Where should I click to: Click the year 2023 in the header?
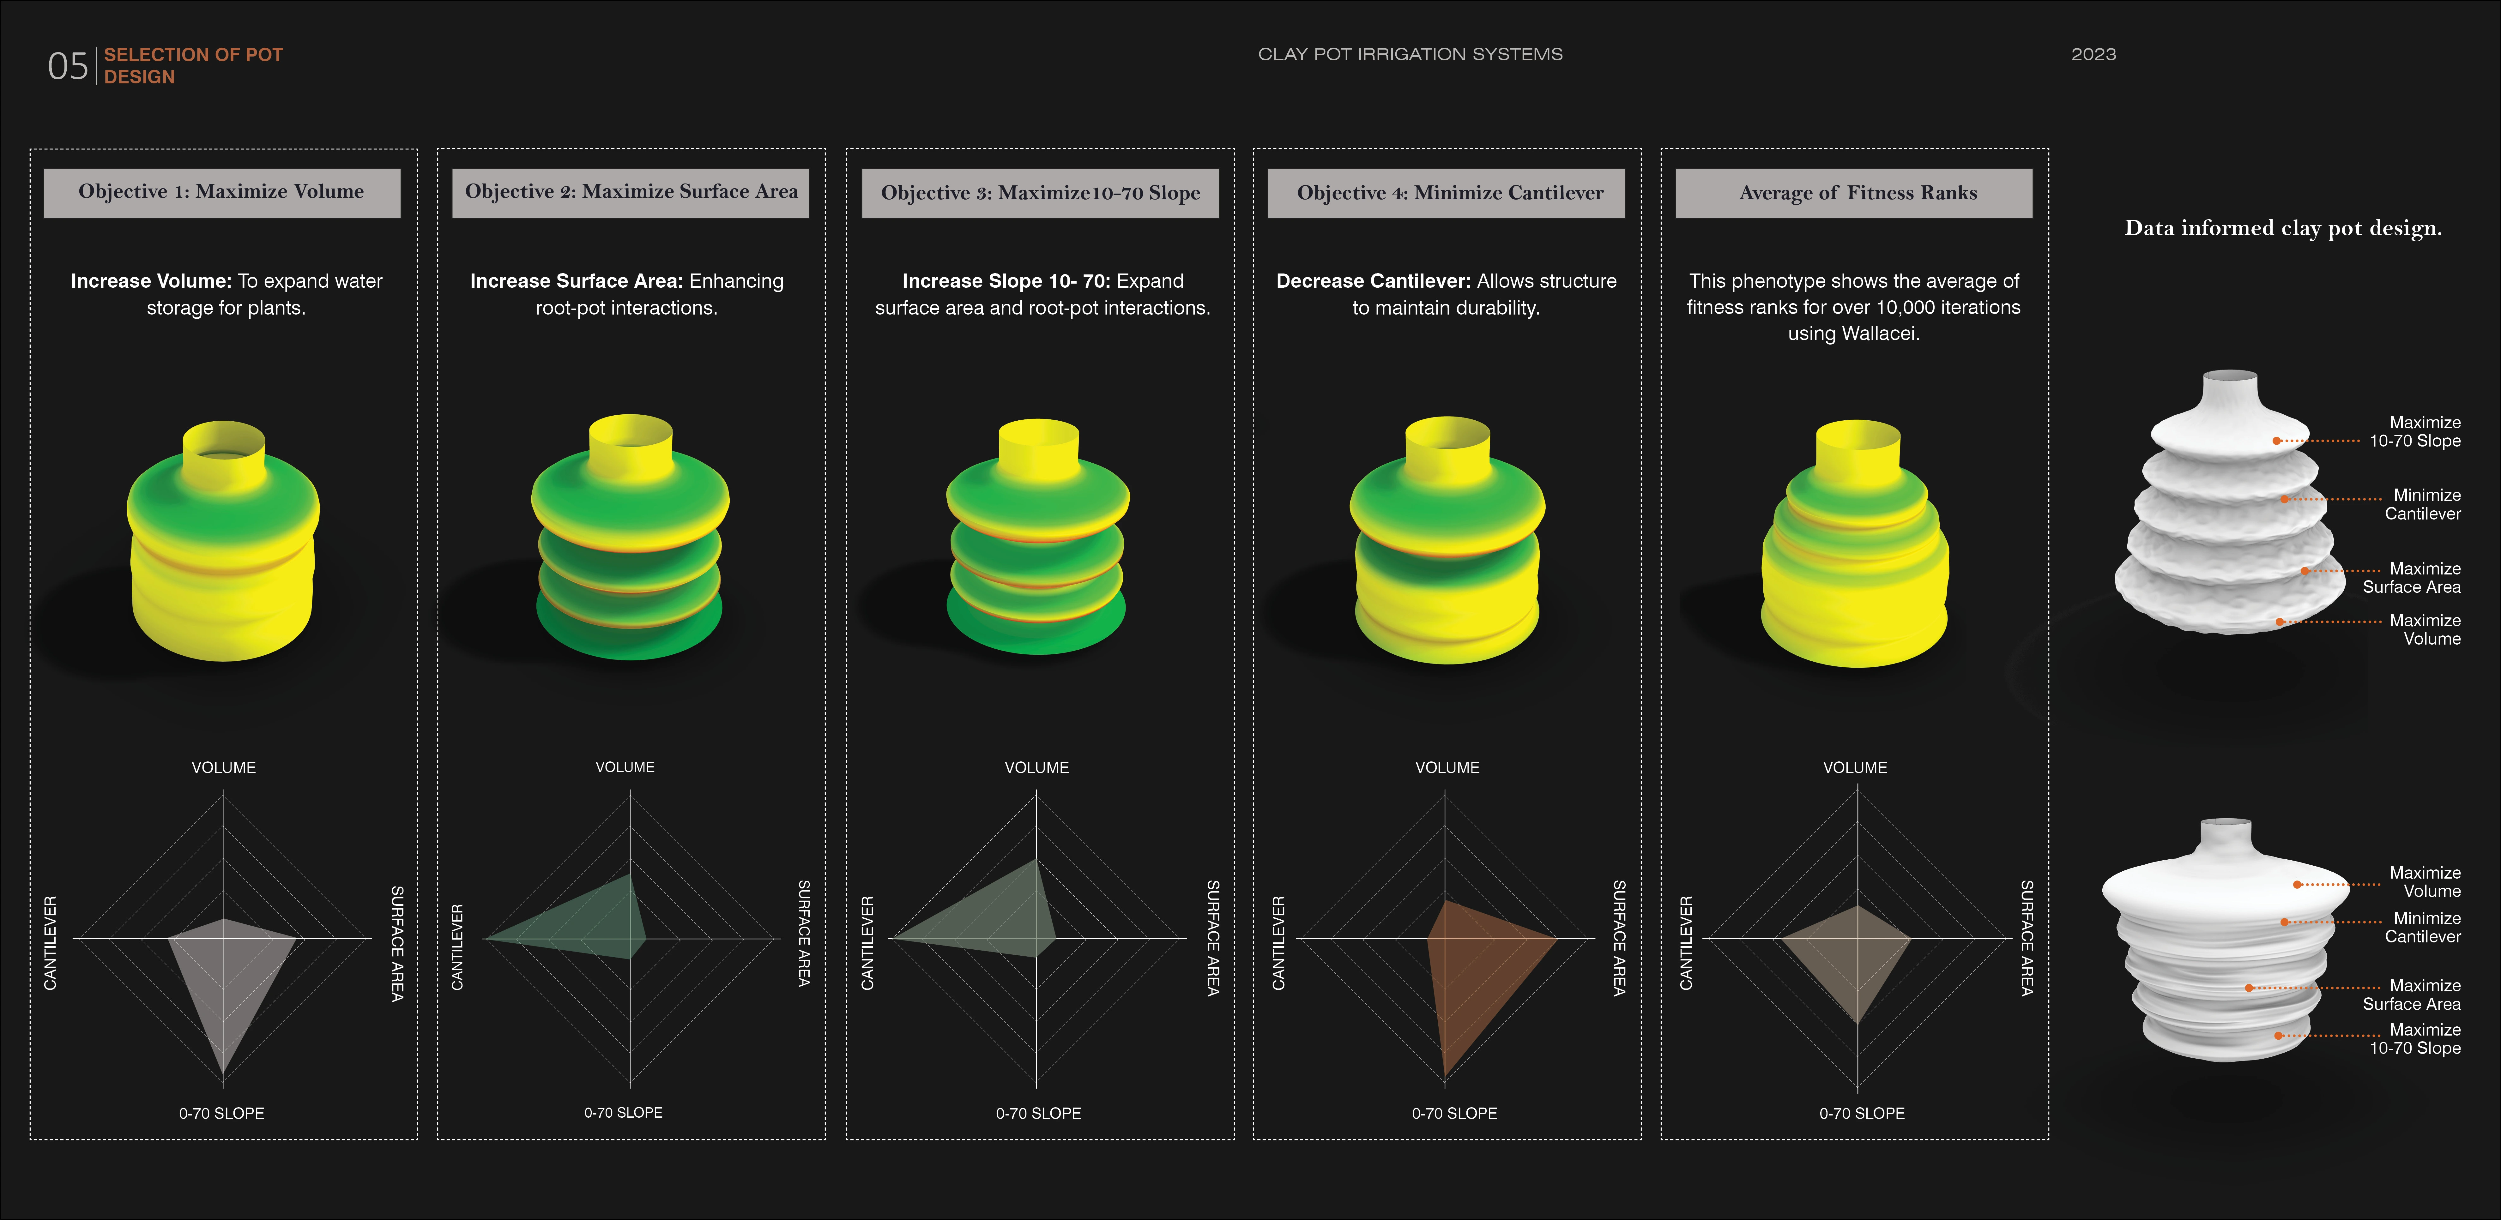coord(2093,54)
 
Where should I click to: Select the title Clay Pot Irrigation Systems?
coord(1410,54)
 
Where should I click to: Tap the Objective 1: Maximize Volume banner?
coord(221,192)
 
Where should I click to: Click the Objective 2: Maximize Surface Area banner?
coord(631,192)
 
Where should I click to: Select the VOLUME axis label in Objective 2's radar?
coord(625,767)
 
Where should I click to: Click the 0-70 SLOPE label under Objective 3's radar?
coord(1038,1113)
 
